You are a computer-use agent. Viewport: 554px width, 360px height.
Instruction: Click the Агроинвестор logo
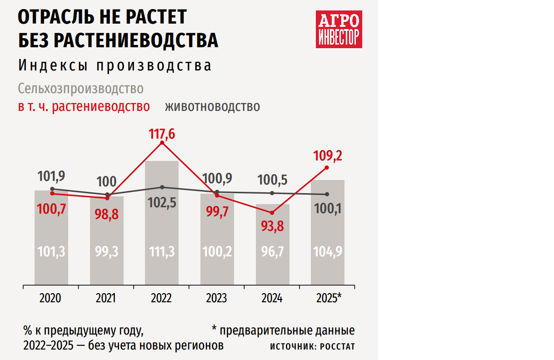tap(339, 29)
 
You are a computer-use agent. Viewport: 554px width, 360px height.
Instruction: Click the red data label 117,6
tap(162, 135)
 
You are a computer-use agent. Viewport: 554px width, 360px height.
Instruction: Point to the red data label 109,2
tap(327, 156)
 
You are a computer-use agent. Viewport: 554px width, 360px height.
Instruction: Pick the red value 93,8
tap(272, 225)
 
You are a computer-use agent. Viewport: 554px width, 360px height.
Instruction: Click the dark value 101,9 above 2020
tap(52, 175)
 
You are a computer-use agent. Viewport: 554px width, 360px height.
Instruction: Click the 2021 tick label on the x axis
tap(106, 298)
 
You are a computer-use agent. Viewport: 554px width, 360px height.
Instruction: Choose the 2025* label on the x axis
tap(329, 298)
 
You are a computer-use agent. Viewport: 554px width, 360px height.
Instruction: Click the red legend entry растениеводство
tap(84, 106)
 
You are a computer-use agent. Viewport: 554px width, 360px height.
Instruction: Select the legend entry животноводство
tap(212, 106)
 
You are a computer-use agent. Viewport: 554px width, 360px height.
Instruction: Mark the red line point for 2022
tap(162, 143)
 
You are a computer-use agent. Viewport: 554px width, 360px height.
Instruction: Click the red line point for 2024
tap(272, 213)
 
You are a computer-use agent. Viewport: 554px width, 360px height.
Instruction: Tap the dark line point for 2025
tap(327, 195)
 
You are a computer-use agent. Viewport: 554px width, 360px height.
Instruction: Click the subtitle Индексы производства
tap(115, 65)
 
